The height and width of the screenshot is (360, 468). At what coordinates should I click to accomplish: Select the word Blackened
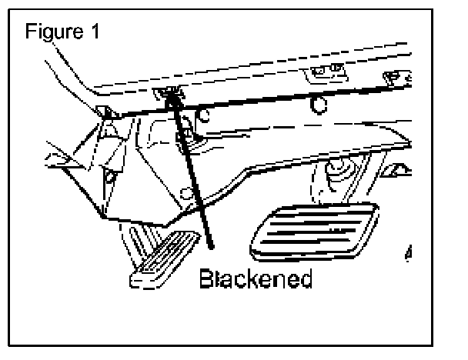click(256, 278)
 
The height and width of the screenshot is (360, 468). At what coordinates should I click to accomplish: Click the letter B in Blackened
click(206, 278)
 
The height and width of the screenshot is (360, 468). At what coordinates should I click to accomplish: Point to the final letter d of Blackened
click(306, 278)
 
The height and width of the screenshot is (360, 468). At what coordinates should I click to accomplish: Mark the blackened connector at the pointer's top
click(171, 94)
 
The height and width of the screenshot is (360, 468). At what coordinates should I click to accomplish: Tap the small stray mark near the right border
click(406, 252)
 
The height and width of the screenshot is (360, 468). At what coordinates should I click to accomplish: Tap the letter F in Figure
click(30, 34)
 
